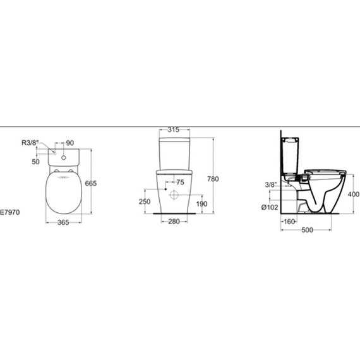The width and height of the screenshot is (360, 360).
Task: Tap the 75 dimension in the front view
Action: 180,183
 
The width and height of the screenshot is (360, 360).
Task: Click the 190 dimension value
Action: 201,203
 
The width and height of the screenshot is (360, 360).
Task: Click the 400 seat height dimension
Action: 353,195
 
